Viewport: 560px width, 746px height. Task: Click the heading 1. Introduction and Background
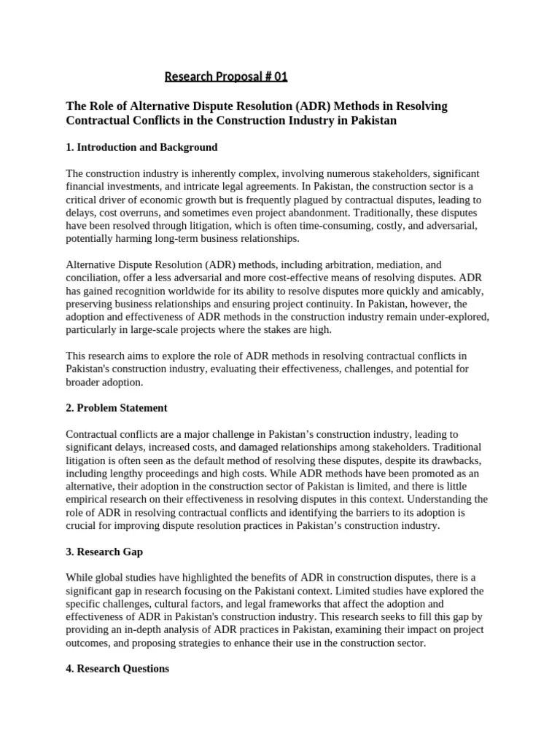pyautogui.click(x=141, y=147)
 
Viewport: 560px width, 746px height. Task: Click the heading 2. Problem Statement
pyautogui.click(x=117, y=408)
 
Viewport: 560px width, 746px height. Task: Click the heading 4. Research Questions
pyautogui.click(x=117, y=668)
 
